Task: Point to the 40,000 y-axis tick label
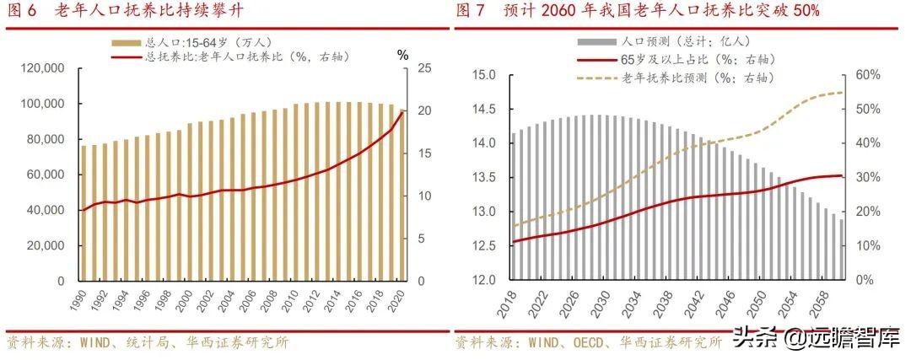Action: point(45,210)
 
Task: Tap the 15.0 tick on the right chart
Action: point(482,75)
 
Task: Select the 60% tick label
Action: point(868,75)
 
